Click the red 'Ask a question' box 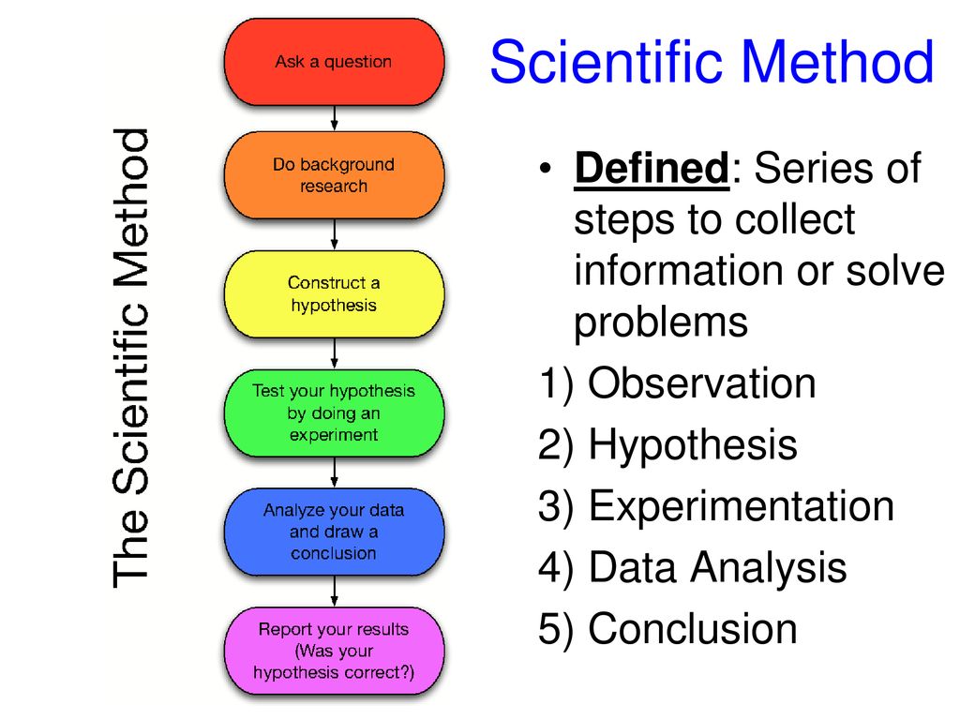[x=334, y=62]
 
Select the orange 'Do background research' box [x=334, y=175]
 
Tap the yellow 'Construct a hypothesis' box [x=334, y=293]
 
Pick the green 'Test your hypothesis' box [x=334, y=412]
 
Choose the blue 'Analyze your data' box [x=334, y=532]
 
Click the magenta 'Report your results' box [x=334, y=651]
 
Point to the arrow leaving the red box [x=335, y=118]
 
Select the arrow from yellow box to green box [x=335, y=353]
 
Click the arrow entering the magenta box [x=335, y=592]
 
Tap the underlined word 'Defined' [x=652, y=168]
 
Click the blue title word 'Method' [x=838, y=62]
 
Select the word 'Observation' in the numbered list [x=701, y=383]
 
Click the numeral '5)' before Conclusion [x=556, y=629]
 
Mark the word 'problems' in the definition [x=661, y=322]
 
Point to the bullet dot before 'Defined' [x=546, y=169]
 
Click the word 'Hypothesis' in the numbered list [x=693, y=445]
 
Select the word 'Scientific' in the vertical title [x=130, y=397]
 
